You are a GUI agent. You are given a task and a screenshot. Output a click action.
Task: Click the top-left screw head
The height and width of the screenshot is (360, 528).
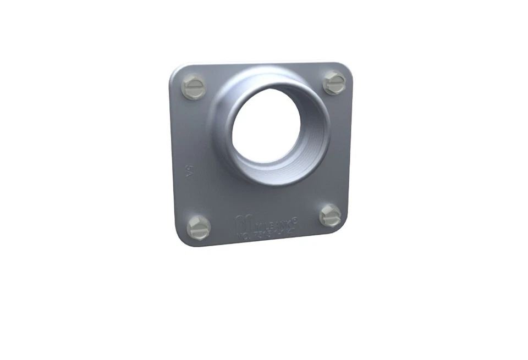pos(194,87)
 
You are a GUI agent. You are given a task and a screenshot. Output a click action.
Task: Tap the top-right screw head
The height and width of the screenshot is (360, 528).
pos(334,82)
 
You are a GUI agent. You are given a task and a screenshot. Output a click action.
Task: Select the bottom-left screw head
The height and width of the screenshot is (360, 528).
pos(198,226)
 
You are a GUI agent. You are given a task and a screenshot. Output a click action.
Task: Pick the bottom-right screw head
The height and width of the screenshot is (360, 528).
pos(331,215)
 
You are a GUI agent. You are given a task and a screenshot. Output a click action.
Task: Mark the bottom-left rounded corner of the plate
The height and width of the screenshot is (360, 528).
pos(182,241)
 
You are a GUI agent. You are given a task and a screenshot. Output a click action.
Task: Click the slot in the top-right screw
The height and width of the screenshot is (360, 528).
pos(334,82)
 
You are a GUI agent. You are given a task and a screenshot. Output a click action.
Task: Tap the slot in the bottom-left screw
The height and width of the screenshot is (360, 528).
pos(198,226)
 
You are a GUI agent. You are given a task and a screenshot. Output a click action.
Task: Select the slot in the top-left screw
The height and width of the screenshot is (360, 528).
pos(194,87)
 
